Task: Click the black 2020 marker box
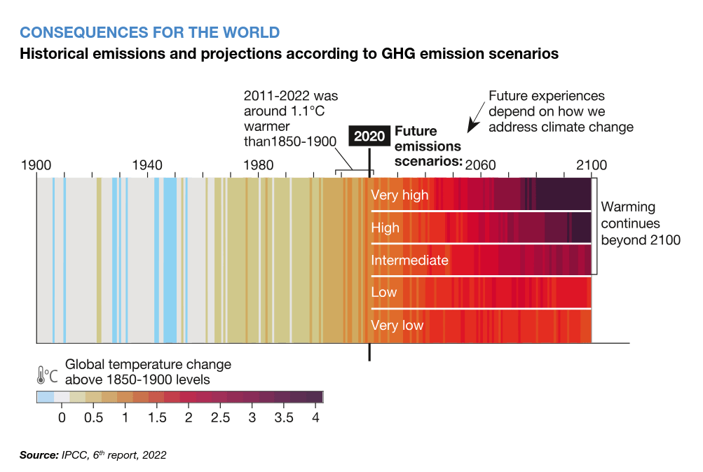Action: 369,136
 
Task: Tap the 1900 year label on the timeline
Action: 36,166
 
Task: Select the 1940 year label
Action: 146,166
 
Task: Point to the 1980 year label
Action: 258,166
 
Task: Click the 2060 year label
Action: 480,166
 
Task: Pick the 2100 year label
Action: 592,166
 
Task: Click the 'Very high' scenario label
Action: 400,195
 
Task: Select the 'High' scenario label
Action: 385,228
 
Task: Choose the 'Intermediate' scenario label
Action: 410,261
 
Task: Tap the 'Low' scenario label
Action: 384,292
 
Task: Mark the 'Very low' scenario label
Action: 397,326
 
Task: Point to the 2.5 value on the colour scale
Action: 220,418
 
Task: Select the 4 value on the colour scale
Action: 315,418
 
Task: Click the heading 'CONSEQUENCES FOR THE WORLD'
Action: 149,32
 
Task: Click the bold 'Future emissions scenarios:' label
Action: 428,146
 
